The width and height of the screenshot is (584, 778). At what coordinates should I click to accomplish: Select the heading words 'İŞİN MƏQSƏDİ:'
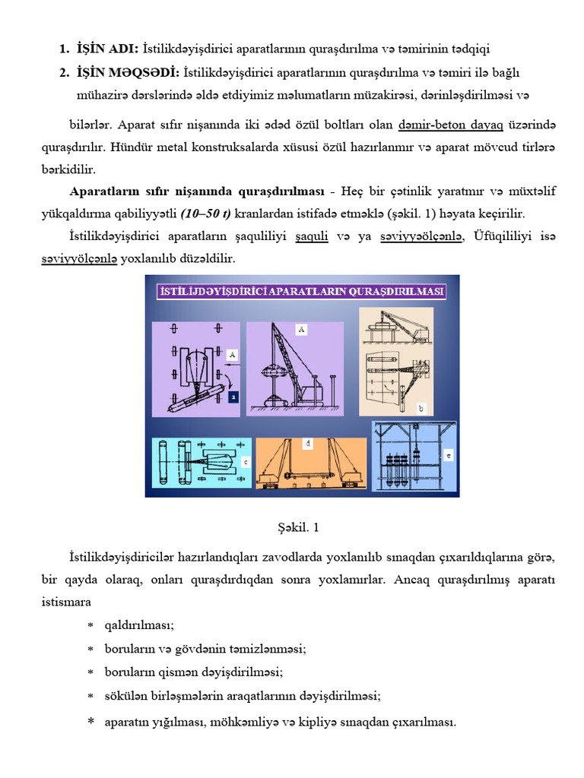[129, 73]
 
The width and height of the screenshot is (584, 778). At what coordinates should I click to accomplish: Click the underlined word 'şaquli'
[311, 237]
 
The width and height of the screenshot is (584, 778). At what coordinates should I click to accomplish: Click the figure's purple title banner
[301, 291]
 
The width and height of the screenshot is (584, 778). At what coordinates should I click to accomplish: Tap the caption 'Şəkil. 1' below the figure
[291, 527]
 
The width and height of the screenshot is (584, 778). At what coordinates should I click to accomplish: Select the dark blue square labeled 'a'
[234, 397]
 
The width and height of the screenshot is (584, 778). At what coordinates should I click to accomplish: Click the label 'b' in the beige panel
[421, 409]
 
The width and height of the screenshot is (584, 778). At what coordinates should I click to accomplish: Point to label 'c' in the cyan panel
[246, 461]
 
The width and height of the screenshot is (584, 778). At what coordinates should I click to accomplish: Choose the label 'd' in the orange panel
[308, 442]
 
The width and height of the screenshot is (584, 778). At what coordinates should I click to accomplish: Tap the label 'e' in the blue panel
[448, 455]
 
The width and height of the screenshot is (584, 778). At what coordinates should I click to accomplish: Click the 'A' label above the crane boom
[302, 330]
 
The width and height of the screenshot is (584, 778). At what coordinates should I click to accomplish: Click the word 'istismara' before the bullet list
[66, 602]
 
